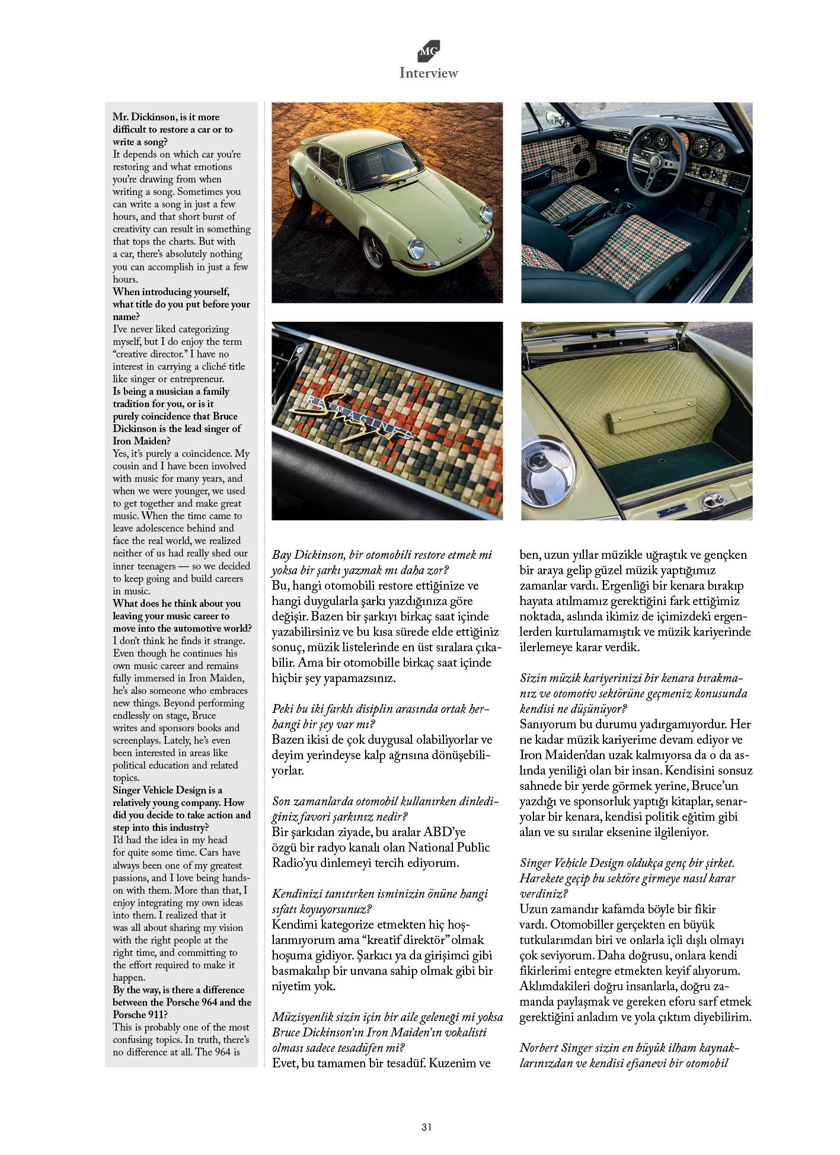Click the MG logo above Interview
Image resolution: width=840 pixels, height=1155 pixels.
click(x=429, y=51)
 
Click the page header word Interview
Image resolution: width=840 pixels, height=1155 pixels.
click(x=429, y=73)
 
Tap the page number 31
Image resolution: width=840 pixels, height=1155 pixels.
click(x=426, y=1127)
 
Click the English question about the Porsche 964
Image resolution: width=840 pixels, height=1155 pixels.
click(x=182, y=1002)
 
